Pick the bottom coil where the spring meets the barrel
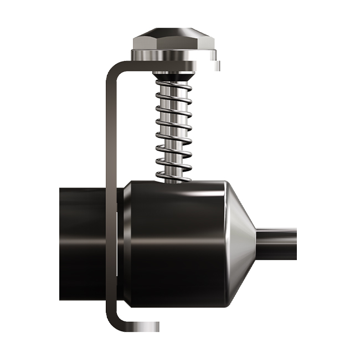pyautogui.click(x=173, y=176)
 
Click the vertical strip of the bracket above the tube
pyautogui.click(x=110, y=127)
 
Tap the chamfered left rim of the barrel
pyautogui.click(x=126, y=244)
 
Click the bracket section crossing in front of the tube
pyautogui.click(x=110, y=244)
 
